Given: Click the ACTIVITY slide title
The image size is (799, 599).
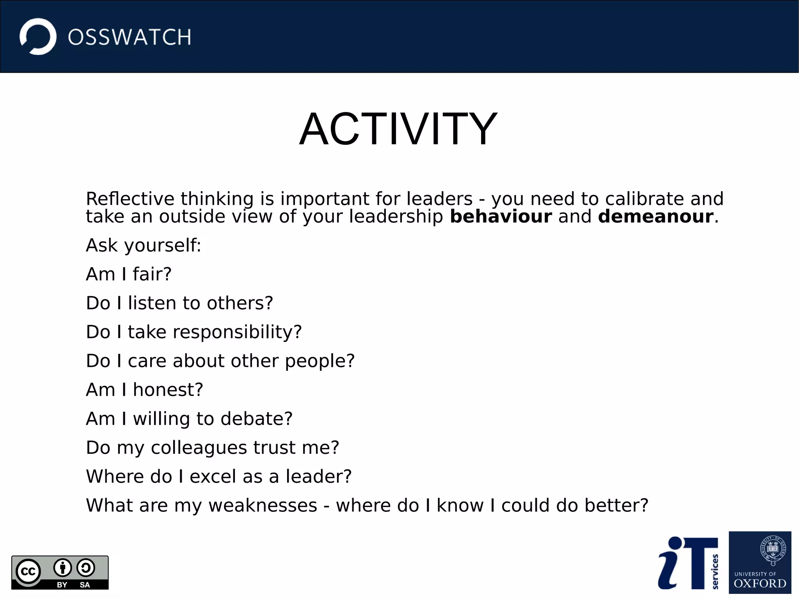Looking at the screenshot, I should [398, 129].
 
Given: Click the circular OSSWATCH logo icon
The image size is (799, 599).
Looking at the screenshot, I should [38, 37].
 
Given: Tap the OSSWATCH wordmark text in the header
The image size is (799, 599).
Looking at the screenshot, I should [130, 37].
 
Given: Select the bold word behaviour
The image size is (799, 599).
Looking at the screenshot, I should [501, 217].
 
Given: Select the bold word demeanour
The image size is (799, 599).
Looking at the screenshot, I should [655, 217].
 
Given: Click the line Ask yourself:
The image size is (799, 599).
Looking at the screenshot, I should [143, 245].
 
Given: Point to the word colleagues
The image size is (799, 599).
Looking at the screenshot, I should [199, 448].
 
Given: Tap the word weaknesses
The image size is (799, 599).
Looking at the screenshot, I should [263, 505].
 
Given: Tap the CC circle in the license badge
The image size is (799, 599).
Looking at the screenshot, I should [28, 571].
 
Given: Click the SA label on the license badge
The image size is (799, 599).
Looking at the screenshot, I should [85, 585].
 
